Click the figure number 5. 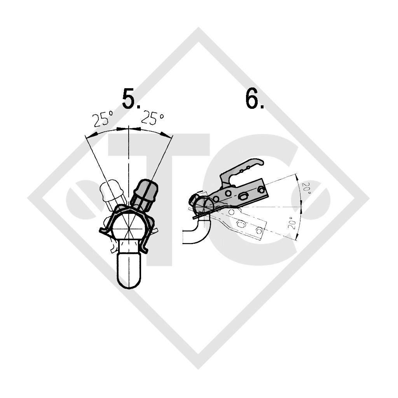(131, 99)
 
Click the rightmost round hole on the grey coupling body (260, 190)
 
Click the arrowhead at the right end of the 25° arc (168, 134)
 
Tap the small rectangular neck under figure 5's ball (129, 246)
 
